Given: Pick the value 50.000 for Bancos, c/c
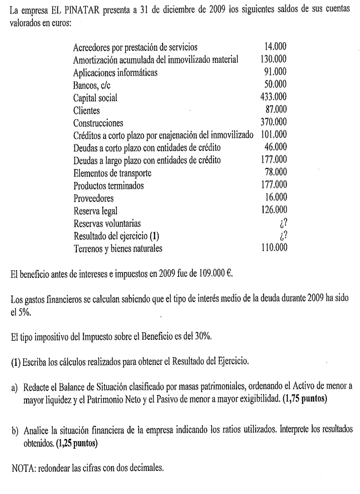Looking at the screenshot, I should click(275, 85).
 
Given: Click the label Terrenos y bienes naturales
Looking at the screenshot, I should click(117, 247).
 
